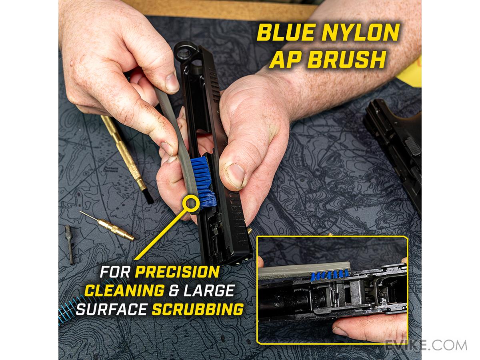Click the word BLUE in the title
[x=286, y=32]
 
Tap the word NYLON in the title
[x=361, y=32]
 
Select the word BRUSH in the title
[x=349, y=59]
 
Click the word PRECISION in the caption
[x=177, y=272]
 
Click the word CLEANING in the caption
[x=124, y=290]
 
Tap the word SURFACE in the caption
[x=112, y=309]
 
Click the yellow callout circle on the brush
[x=191, y=203]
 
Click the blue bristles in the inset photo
[x=330, y=276]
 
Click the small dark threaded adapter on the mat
[x=69, y=244]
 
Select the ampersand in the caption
[x=174, y=291]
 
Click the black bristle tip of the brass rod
[x=148, y=197]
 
